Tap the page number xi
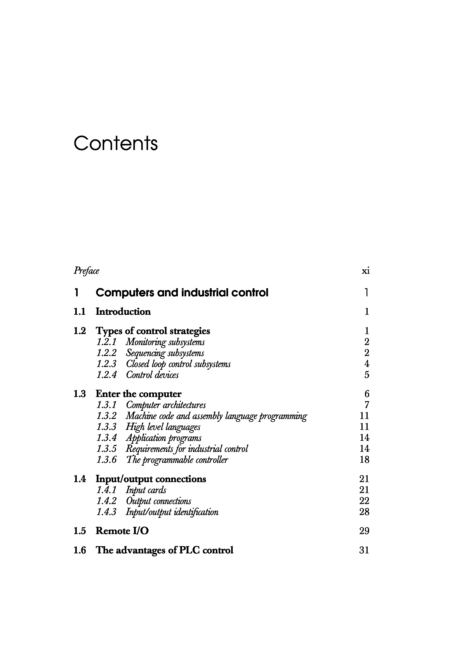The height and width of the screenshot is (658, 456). click(365, 271)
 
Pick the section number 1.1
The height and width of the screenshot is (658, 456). click(79, 311)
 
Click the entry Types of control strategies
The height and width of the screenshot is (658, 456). click(153, 331)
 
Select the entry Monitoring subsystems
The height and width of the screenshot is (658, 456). click(165, 342)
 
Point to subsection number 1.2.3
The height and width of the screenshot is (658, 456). click(106, 364)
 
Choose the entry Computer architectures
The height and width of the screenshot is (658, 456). click(166, 405)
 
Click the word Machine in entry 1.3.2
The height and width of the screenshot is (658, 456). click(139, 416)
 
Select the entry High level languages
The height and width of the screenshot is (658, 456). click(163, 427)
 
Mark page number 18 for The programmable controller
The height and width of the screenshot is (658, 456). click(364, 460)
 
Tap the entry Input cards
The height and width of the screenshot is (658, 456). click(146, 490)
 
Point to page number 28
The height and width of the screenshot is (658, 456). click(364, 512)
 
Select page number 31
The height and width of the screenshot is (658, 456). click(364, 550)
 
